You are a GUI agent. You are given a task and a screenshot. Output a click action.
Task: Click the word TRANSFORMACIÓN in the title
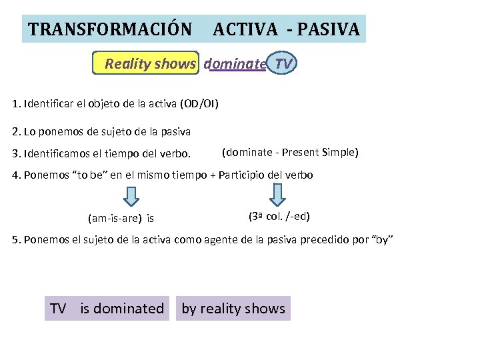pos(110,29)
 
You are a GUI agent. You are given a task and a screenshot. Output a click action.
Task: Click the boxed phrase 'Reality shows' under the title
pos(150,64)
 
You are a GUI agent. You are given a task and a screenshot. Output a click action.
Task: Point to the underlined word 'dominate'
pos(235,64)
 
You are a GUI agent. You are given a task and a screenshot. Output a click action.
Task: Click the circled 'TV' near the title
pos(283,64)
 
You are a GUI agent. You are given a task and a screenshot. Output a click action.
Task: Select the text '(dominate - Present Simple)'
pos(290,153)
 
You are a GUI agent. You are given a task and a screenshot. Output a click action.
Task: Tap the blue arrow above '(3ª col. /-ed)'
pos(278,195)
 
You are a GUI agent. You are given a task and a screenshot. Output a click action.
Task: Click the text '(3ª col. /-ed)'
pos(279,217)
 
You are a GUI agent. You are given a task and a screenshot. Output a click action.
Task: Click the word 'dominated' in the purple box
pos(129,309)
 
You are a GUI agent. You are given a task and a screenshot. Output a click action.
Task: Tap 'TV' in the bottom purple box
pos(58,309)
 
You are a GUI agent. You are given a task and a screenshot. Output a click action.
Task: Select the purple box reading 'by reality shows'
pos(233,309)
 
